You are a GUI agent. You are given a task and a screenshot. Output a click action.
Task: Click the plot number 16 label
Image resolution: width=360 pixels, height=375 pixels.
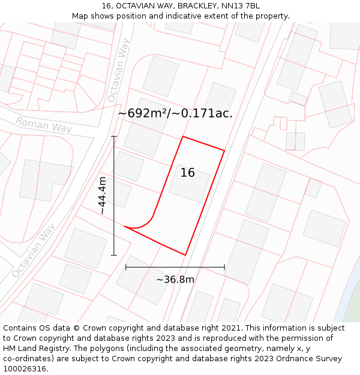pyautogui.click(x=187, y=173)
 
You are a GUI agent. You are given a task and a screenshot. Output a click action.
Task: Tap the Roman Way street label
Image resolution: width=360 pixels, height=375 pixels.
pyautogui.click(x=43, y=125)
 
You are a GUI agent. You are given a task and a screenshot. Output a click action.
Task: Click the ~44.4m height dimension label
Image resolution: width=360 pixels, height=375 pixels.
pyautogui.click(x=103, y=196)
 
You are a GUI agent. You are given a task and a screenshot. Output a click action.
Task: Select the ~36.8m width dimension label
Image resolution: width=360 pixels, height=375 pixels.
pyautogui.click(x=175, y=280)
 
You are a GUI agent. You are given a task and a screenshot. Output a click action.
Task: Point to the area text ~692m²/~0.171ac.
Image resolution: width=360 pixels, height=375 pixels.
pyautogui.click(x=175, y=113)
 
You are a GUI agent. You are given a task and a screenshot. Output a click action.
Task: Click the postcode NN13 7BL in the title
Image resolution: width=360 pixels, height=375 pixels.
pyautogui.click(x=241, y=6)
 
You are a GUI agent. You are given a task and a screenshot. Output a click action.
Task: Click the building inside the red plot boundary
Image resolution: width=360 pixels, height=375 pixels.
pyautogui.click(x=189, y=184)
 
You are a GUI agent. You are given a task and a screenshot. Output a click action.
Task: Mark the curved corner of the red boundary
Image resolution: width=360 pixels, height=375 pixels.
pyautogui.click(x=146, y=222)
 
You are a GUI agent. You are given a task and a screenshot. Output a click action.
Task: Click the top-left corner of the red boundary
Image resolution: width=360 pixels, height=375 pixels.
pyautogui.click(x=182, y=137)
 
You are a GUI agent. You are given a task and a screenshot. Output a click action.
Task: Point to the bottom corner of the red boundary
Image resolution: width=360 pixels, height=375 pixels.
pyautogui.click(x=185, y=255)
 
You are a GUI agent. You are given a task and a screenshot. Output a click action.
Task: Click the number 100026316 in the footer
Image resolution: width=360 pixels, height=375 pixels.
pyautogui.click(x=25, y=369)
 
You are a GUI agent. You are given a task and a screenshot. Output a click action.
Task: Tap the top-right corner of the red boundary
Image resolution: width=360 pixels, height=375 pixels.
pyautogui.click(x=224, y=151)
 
